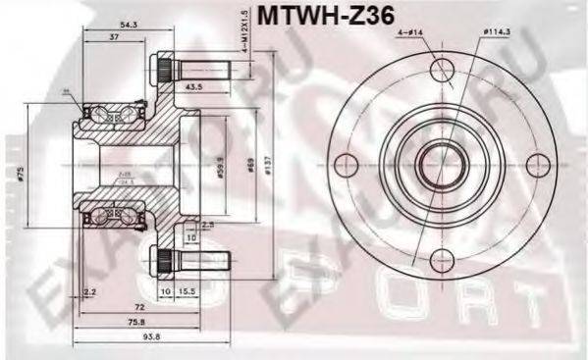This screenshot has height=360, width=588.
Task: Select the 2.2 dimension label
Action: click(x=90, y=291)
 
